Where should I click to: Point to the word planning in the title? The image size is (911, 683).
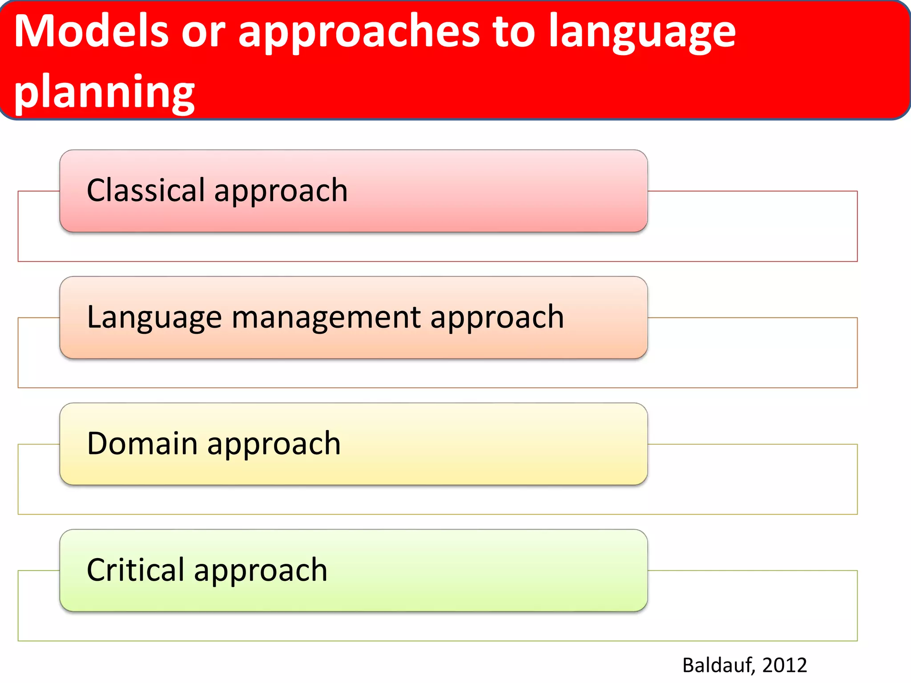pyautogui.click(x=104, y=92)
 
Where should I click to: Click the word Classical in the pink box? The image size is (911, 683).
pyautogui.click(x=145, y=190)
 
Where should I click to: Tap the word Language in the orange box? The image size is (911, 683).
pyautogui.click(x=154, y=318)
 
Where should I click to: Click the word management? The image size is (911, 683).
pyautogui.click(x=326, y=318)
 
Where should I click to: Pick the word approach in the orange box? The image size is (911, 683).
pyautogui.click(x=497, y=318)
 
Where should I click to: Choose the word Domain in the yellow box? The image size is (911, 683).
pyautogui.click(x=142, y=444)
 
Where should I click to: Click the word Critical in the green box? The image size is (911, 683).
pyautogui.click(x=135, y=570)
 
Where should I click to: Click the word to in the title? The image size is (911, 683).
pyautogui.click(x=514, y=32)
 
